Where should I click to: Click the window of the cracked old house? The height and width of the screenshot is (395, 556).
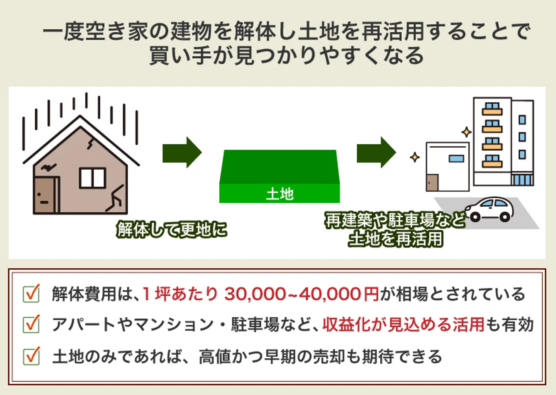tap(92, 178)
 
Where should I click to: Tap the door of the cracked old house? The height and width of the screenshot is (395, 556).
tap(44, 195)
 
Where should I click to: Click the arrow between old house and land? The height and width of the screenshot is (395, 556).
tap(182, 152)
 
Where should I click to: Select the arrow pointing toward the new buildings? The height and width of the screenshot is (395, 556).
tap(376, 152)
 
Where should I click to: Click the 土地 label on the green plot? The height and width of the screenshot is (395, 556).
tap(280, 194)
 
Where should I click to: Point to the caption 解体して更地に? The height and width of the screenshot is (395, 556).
tap(172, 230)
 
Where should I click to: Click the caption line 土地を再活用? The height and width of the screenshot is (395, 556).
tap(395, 239)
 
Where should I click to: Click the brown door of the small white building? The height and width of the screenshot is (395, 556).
tap(432, 183)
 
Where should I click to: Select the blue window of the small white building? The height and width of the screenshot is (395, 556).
tap(456, 159)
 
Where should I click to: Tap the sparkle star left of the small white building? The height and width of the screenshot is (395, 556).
tap(415, 158)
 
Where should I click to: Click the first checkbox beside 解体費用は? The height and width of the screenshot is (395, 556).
tap(31, 294)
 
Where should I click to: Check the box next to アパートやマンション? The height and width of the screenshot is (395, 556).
tap(31, 324)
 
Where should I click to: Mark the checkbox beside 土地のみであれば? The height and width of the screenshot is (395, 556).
tap(31, 356)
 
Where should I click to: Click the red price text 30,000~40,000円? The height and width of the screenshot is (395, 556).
tap(301, 294)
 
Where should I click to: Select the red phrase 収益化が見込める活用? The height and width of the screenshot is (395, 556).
tap(403, 324)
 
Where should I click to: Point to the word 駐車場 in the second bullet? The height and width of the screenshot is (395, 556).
tap(255, 324)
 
